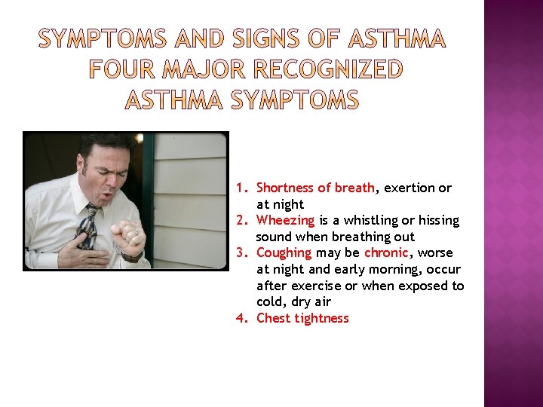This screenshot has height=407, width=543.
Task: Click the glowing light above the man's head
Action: coord(140,138)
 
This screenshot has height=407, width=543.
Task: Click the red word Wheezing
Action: coord(285,220)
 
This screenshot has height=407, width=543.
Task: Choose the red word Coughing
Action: coord(284,252)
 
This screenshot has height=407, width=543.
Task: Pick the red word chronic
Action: coord(385,252)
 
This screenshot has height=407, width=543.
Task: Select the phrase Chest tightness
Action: coord(302,318)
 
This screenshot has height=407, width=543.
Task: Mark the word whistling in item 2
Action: coord(357,220)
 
